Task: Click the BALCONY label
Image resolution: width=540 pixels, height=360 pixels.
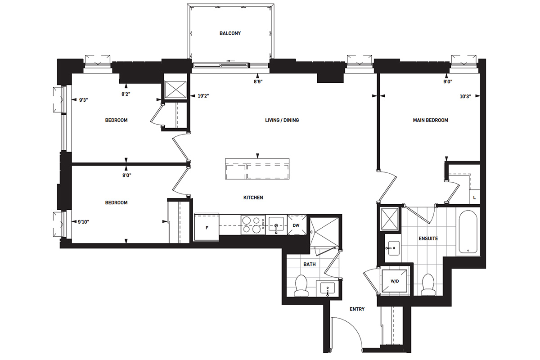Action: [x=230, y=33]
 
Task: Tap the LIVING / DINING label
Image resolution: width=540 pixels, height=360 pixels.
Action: [x=282, y=120]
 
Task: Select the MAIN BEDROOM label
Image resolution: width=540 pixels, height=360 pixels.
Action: [x=430, y=120]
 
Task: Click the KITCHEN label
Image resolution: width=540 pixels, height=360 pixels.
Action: [x=253, y=198]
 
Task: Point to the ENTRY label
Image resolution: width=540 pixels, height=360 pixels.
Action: [x=357, y=309]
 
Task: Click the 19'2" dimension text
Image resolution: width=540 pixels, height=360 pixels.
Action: [x=203, y=96]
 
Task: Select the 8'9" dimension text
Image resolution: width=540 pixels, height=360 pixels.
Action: [x=258, y=81]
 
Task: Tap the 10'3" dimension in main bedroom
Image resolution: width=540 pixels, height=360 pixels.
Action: [x=465, y=96]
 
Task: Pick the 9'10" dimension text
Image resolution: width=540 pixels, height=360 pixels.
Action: [x=83, y=222]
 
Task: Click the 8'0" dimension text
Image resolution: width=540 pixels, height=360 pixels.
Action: [x=126, y=175]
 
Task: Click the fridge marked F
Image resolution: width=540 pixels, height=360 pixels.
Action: [x=207, y=227]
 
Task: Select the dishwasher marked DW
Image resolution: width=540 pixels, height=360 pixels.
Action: [x=297, y=225]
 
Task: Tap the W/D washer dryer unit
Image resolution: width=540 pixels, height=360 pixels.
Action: [x=394, y=281]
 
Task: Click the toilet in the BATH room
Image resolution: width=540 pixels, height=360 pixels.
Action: [x=301, y=286]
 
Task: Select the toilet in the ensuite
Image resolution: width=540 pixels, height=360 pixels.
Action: [x=428, y=284]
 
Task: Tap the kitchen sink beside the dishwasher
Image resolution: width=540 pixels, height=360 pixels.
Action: [x=276, y=225]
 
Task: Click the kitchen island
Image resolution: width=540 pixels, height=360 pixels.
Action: [x=257, y=169]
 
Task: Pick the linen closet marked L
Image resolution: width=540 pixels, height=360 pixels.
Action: [x=475, y=198]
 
